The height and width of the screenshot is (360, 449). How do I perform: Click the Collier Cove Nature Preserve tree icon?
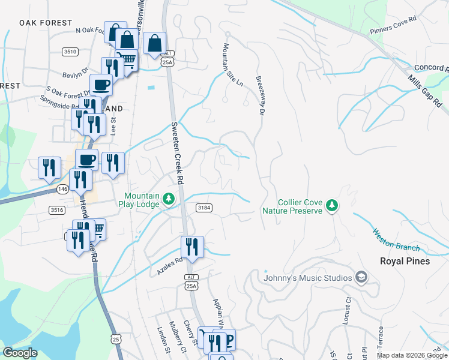pyautogui.click(x=331, y=206)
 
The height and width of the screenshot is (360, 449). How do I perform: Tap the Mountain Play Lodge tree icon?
pyautogui.click(x=169, y=199)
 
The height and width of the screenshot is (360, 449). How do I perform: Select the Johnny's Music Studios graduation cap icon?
pyautogui.click(x=361, y=277)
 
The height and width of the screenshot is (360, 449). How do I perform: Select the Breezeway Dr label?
pyautogui.click(x=261, y=95)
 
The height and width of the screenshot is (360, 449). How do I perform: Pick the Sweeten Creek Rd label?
pyautogui.click(x=176, y=154)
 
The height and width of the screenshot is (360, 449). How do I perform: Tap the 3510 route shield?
pyautogui.click(x=70, y=52)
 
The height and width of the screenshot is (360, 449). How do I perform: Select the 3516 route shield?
pyautogui.click(x=57, y=209)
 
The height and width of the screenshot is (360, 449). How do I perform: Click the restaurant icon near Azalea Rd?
pyautogui.click(x=192, y=246)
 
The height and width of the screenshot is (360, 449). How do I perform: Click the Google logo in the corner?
pyautogui.click(x=20, y=353)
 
